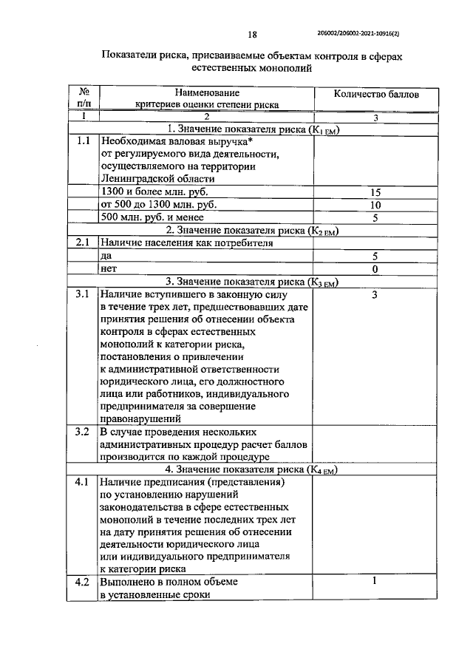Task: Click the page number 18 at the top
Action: pyautogui.click(x=251, y=33)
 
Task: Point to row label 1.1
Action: pyautogui.click(x=82, y=140)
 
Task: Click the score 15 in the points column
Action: pyautogui.click(x=375, y=192)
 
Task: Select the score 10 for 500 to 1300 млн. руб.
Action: pyautogui.click(x=375, y=205)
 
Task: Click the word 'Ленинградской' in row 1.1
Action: pyautogui.click(x=138, y=179)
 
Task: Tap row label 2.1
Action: pyautogui.click(x=82, y=242)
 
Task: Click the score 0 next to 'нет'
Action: pyautogui.click(x=375, y=269)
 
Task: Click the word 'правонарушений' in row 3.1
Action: pyautogui.click(x=138, y=418)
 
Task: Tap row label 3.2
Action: pyautogui.click(x=82, y=432)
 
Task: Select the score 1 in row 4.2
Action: pyautogui.click(x=375, y=581)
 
